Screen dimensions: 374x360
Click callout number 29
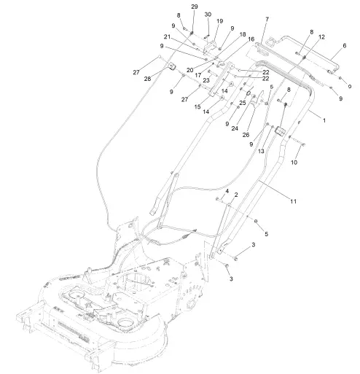tap(194, 7)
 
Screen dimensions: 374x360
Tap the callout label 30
tap(207, 15)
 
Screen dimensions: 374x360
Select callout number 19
tap(219, 21)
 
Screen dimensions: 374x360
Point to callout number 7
tap(267, 19)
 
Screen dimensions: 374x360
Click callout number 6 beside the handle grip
tap(344, 45)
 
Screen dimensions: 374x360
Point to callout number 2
tap(235, 195)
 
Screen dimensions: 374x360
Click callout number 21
tap(167, 36)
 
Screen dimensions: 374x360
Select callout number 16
tap(251, 39)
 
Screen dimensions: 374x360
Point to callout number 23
tap(207, 80)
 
